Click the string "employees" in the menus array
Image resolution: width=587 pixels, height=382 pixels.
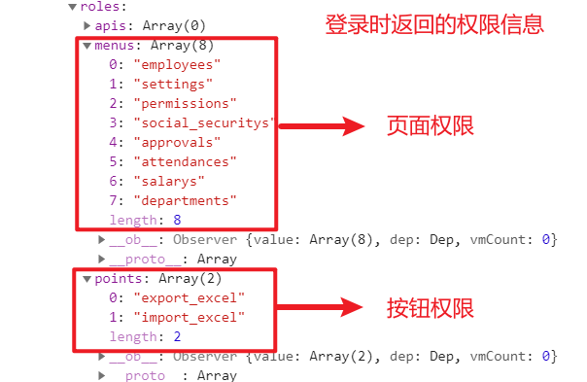click(179, 64)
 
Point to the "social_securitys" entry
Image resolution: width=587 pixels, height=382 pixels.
click(205, 122)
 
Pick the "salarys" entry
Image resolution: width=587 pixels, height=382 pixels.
click(171, 181)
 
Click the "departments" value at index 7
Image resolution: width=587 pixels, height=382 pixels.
click(187, 200)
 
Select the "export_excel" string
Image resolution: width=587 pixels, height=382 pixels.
click(190, 297)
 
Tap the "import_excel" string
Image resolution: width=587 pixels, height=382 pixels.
click(190, 317)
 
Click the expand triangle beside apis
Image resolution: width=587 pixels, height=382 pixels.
click(87, 25)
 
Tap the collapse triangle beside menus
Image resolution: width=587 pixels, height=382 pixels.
click(87, 45)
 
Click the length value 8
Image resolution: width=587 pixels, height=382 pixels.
click(176, 220)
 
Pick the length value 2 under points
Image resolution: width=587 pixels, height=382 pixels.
click(176, 336)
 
